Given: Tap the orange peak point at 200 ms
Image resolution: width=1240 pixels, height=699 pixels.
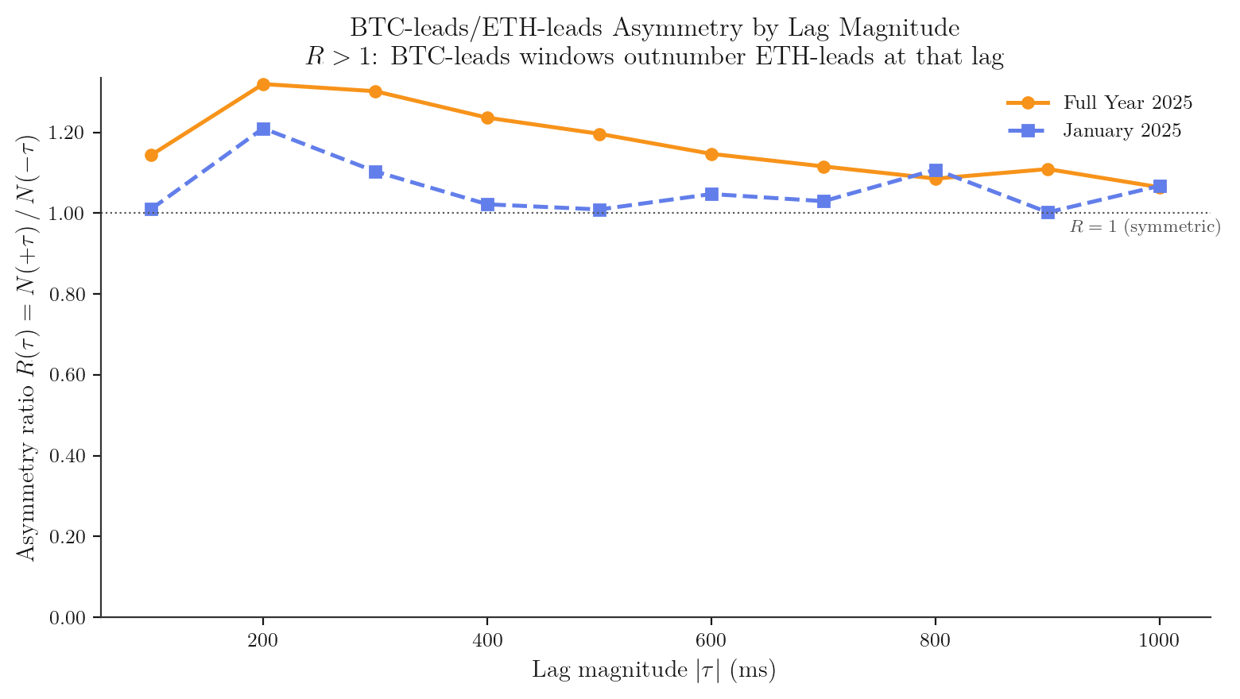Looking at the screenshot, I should click(263, 84).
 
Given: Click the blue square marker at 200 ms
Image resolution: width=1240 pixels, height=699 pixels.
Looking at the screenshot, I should click(263, 129).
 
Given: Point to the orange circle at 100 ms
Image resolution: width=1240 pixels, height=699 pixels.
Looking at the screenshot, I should click(151, 155).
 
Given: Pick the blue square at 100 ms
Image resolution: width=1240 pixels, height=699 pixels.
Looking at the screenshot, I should click(151, 210).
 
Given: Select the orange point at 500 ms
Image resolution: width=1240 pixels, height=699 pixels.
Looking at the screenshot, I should click(599, 134).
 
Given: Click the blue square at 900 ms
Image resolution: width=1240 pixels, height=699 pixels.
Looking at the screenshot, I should click(1048, 212).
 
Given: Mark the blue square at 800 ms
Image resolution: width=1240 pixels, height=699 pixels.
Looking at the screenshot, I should click(936, 171).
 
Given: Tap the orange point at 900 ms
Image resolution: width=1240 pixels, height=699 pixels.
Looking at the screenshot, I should click(1048, 169).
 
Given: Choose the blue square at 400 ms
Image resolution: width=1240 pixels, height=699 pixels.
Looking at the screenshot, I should click(487, 204).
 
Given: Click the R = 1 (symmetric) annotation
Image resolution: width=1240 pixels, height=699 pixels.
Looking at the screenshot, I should click(1145, 227).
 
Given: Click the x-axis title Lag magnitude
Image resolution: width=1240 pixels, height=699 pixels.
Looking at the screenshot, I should click(653, 670).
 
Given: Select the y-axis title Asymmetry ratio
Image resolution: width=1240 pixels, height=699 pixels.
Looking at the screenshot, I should click(27, 346).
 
